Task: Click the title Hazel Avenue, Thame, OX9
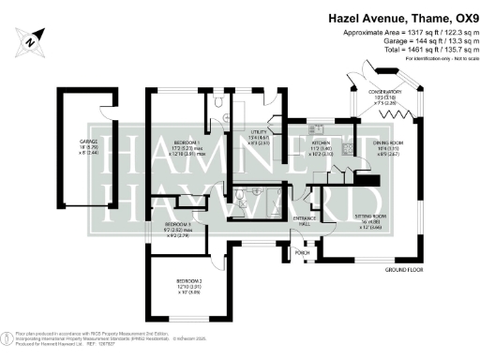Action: (x=403, y=16)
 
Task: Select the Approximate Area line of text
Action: (x=405, y=34)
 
